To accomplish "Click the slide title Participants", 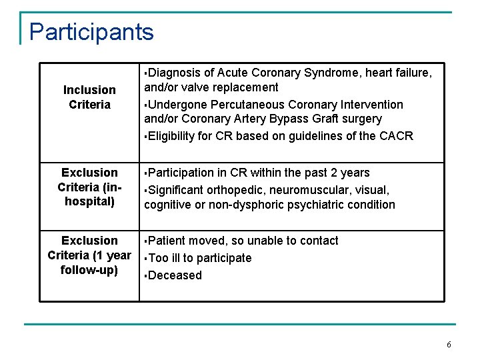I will [x=91, y=31].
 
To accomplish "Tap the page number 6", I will [x=449, y=345].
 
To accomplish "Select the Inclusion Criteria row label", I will [x=89, y=97].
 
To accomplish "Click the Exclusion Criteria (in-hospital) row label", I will [x=89, y=187].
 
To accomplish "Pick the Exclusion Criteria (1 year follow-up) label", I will [x=89, y=255].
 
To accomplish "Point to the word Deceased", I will [x=175, y=275].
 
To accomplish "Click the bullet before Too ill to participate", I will [x=147, y=259].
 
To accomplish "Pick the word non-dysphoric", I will [x=244, y=205].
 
